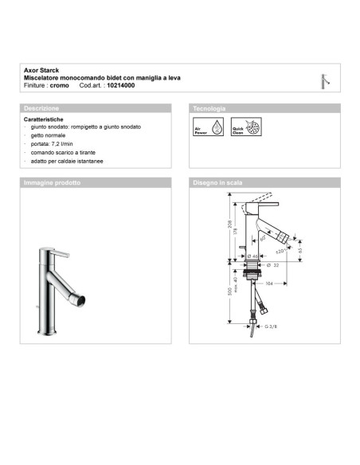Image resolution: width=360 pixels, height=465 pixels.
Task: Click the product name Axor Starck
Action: pos(40,70)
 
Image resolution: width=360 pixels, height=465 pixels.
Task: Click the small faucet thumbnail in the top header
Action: pos(323,80)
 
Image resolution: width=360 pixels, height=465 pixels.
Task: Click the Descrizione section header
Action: pos(41,107)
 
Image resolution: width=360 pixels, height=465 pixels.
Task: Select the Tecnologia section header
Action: pos(209,107)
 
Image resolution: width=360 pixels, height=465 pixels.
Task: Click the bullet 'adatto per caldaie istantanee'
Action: pos(68,162)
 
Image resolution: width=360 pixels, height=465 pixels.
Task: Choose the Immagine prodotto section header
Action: pos(53,182)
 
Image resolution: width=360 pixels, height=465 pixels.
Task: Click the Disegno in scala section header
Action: pos(217,182)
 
